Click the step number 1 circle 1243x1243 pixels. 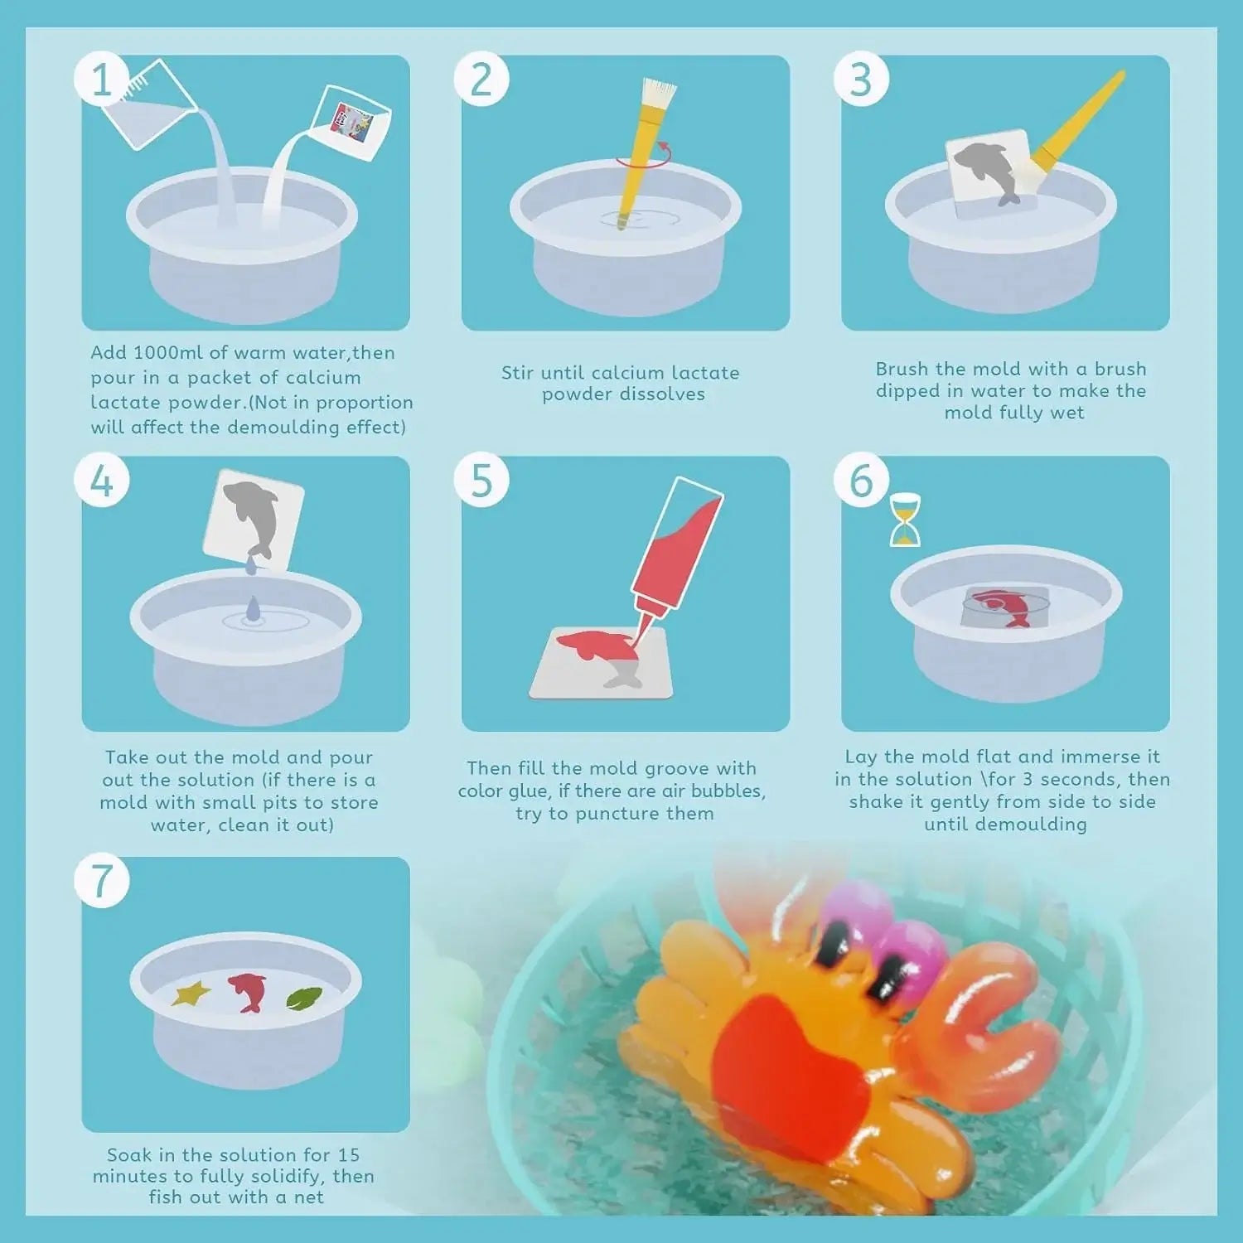[101, 80]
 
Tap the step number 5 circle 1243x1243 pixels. [481, 481]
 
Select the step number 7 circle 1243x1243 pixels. [101, 881]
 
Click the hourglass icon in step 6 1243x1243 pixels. [905, 520]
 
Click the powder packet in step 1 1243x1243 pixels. [355, 123]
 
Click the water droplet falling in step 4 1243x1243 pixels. [252, 609]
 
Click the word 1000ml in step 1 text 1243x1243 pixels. [168, 352]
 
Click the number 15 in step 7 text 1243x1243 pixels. [348, 1154]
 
